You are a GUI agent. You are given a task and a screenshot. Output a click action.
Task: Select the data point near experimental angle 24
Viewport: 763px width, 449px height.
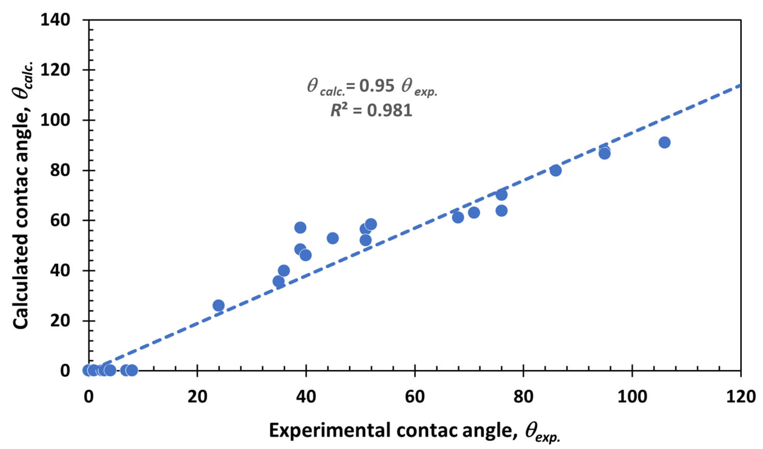[x=218, y=306]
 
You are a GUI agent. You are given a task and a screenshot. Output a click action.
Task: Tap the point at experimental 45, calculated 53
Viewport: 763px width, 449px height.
[x=333, y=238]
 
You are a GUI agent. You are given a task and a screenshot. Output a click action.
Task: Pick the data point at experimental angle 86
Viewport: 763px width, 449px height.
[x=556, y=170]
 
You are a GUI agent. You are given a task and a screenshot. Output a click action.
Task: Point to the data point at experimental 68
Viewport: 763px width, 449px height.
[x=458, y=217]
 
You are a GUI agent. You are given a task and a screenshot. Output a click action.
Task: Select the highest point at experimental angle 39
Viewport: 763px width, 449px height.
[x=300, y=227]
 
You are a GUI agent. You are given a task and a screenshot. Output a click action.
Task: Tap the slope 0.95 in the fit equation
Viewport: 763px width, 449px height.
[x=377, y=86]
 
